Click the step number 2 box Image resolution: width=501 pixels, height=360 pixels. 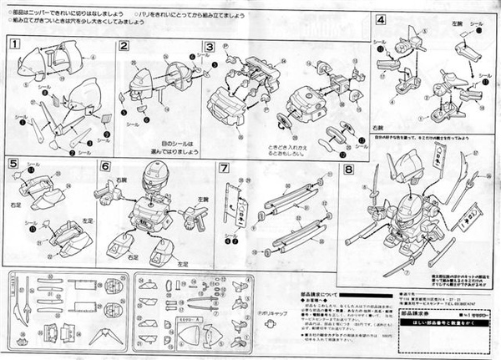123,45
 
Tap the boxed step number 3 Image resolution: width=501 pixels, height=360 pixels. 210,45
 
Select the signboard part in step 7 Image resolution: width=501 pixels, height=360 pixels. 240,201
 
